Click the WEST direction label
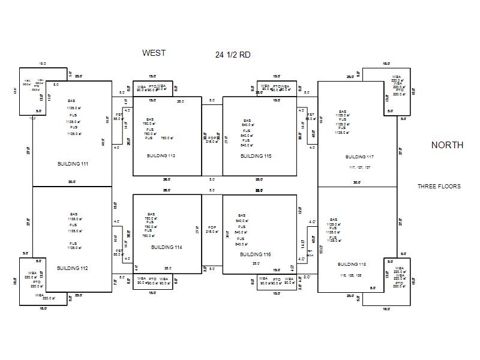click(x=154, y=53)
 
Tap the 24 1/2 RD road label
click(x=233, y=55)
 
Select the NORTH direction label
click(x=447, y=145)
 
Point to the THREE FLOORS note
click(x=439, y=187)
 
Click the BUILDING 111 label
click(x=73, y=164)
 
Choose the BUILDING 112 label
click(x=73, y=268)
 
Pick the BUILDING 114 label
click(x=166, y=247)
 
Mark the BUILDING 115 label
click(x=256, y=156)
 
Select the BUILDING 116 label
click(x=256, y=254)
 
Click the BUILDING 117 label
click(x=359, y=157)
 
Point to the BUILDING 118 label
click(x=352, y=264)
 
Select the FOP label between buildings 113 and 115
click(x=212, y=138)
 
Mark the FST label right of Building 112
click(x=118, y=251)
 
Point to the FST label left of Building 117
click(x=310, y=115)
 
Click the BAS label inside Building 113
click(x=149, y=119)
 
